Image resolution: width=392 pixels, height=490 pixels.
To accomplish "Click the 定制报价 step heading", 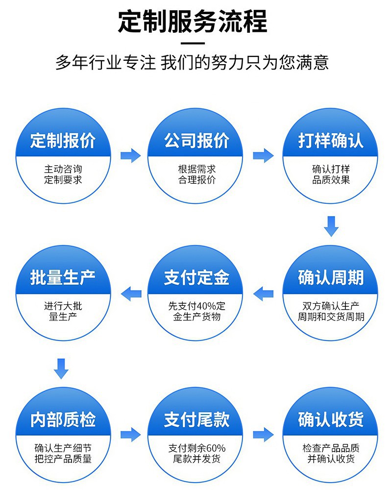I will pos(62,141).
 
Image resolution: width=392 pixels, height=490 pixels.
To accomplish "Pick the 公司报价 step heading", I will pos(196,141).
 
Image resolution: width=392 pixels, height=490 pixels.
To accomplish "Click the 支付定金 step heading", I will pos(196,278).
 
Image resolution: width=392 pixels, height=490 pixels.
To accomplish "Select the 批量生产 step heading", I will pos(62,278).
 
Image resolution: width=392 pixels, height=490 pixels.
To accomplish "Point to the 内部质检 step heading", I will pos(62,419).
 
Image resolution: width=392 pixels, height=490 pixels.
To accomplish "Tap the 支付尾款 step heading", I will pos(196,419).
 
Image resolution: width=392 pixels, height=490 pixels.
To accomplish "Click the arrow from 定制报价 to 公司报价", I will pos(131,156).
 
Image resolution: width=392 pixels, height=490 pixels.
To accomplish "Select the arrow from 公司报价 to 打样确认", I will pos(264,156).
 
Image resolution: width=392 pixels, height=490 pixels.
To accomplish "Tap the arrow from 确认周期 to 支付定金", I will pos(264,294).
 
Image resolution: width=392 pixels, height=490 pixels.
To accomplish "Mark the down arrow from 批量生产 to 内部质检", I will pos(61,368).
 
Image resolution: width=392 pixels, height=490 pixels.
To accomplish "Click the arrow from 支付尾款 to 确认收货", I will pos(264,434).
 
